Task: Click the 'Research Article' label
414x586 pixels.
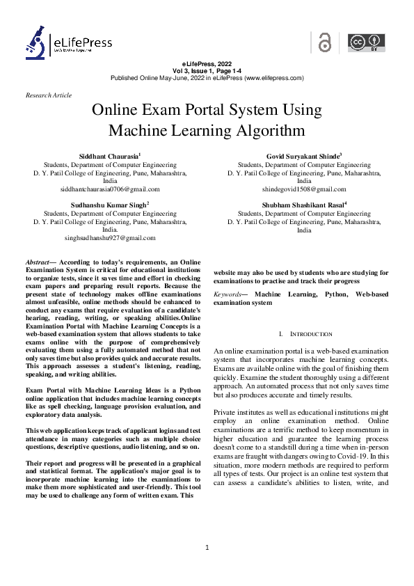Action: coord(48,95)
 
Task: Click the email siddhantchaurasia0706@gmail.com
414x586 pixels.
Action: coord(110,189)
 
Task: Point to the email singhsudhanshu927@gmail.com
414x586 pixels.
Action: coord(110,238)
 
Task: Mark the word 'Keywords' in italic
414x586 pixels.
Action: coord(229,295)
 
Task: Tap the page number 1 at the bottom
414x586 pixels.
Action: coord(207,549)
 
